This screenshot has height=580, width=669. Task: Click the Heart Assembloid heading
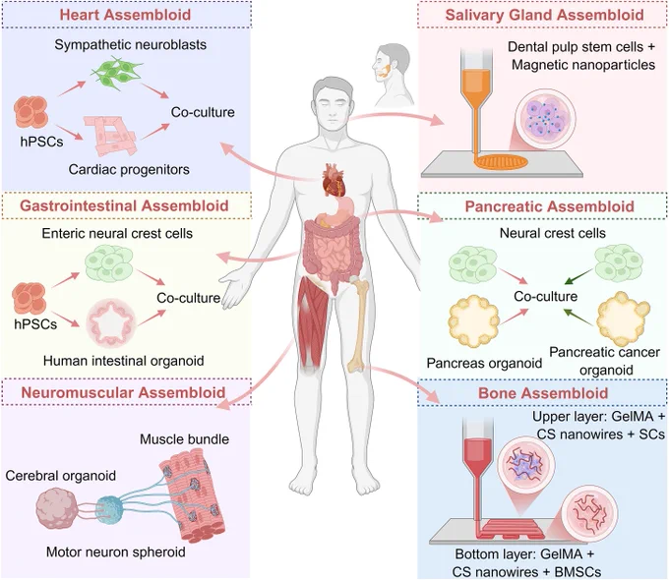tap(125, 15)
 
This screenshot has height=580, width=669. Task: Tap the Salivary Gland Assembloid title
tap(544, 15)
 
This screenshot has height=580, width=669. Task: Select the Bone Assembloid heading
tap(543, 393)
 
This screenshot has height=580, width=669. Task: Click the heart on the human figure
tap(334, 179)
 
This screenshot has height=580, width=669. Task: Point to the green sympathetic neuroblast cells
tap(116, 75)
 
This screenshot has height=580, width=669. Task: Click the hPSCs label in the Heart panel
tap(41, 142)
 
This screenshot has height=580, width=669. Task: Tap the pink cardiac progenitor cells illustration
tap(110, 136)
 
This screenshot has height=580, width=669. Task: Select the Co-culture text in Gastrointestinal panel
tap(188, 298)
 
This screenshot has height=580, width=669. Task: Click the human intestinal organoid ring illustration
tap(111, 322)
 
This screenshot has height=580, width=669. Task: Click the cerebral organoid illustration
tap(57, 509)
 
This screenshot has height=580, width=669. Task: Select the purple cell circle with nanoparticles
tap(545, 119)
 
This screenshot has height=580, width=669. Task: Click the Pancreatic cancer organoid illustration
tap(623, 319)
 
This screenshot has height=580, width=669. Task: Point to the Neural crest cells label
tap(553, 233)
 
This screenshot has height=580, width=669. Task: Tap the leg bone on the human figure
tap(358, 324)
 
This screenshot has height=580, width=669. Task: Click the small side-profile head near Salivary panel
tap(391, 75)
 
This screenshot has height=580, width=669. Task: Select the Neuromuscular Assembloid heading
tap(123, 392)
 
